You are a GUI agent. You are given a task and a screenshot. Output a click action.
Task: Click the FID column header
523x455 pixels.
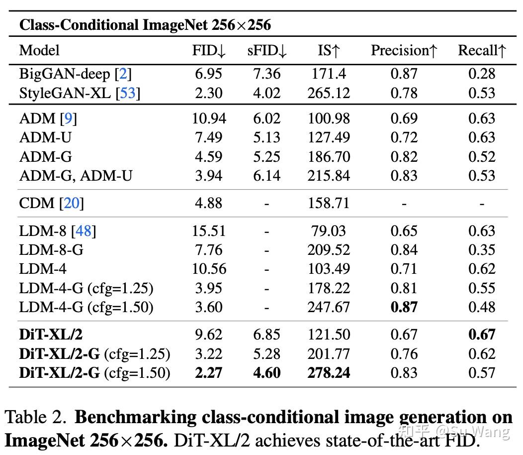click(209, 51)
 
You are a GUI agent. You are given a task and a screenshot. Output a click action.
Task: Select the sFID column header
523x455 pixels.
click(267, 51)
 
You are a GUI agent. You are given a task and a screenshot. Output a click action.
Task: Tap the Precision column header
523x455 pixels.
click(404, 51)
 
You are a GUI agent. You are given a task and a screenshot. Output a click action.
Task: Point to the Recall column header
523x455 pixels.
click(482, 51)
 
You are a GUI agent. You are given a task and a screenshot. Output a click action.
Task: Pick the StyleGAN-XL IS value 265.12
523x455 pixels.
click(328, 93)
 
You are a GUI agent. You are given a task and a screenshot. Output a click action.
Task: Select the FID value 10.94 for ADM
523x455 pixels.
click(209, 118)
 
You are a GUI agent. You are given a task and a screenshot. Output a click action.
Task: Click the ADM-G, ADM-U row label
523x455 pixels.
click(76, 175)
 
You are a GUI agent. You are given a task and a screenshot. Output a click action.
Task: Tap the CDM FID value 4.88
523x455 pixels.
click(209, 203)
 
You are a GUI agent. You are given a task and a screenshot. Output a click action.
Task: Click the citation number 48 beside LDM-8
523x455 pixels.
click(84, 231)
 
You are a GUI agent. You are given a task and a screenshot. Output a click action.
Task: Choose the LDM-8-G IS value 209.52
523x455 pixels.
click(328, 250)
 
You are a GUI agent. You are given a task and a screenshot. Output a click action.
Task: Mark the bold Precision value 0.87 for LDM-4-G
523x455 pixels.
click(404, 307)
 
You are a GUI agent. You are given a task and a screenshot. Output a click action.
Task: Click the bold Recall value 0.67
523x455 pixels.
click(482, 335)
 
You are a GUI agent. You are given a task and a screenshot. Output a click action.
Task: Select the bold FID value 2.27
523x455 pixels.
click(209, 373)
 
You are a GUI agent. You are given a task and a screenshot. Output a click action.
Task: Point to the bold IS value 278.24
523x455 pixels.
click(328, 373)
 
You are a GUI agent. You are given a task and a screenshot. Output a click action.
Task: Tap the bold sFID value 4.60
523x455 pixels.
click(267, 373)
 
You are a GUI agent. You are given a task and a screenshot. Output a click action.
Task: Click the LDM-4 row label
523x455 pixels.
click(43, 269)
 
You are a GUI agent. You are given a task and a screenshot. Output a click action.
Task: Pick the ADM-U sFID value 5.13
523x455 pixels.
click(267, 137)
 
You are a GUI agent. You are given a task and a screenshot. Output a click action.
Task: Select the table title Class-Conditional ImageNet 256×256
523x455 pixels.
click(145, 25)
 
